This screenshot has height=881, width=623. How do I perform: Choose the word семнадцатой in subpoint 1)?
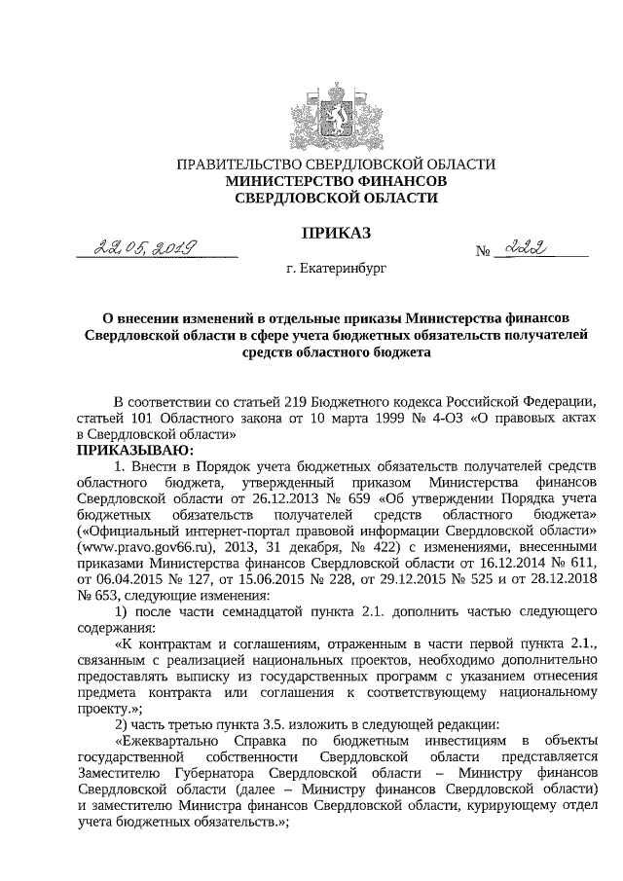coord(261,610)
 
